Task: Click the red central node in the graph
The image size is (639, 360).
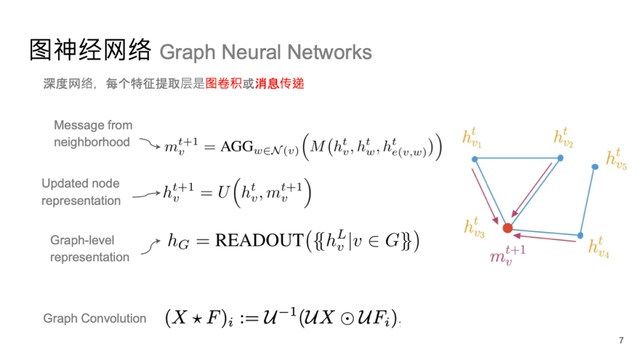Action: (507, 228)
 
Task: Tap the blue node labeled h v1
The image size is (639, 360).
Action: (475, 159)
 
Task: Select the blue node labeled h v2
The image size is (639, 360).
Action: (560, 158)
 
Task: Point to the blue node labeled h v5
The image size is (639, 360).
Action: (595, 167)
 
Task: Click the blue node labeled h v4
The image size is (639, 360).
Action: (580, 236)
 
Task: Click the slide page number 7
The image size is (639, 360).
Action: (621, 340)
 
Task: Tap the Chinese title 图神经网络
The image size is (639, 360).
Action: (91, 51)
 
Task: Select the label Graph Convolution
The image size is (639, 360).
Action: (95, 319)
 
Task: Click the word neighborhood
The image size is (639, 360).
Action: (92, 142)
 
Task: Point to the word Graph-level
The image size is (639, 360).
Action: (82, 240)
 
